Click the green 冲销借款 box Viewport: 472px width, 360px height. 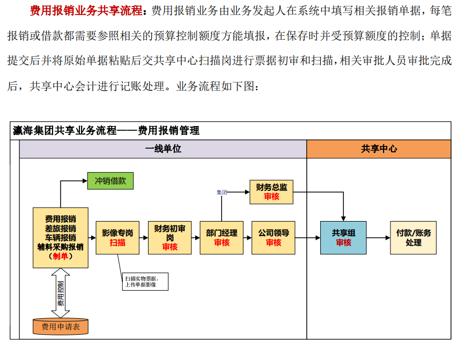pyautogui.click(x=110, y=181)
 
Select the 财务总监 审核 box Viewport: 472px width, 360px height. pyautogui.click(x=271, y=192)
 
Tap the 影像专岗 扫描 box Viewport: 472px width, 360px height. pyautogui.click(x=117, y=238)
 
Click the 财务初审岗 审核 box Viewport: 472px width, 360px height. pyautogui.click(x=169, y=238)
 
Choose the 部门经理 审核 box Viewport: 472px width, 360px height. pyautogui.click(x=222, y=238)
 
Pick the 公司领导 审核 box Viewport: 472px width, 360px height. pyautogui.click(x=273, y=238)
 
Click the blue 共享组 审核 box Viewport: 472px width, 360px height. pyautogui.click(x=343, y=238)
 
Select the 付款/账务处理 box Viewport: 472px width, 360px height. pyautogui.click(x=413, y=238)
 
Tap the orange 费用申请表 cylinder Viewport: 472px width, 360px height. pyautogui.click(x=60, y=326)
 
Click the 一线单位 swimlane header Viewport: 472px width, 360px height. pyautogui.click(x=163, y=149)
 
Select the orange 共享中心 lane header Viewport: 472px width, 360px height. pyautogui.click(x=379, y=149)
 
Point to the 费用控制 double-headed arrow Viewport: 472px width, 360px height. pyautogui.click(x=61, y=292)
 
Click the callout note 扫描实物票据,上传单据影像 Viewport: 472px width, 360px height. pyautogui.click(x=145, y=282)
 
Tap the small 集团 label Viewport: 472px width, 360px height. pyautogui.click(x=222, y=192)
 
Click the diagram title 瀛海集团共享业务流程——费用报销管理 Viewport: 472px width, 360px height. pyautogui.click(x=106, y=130)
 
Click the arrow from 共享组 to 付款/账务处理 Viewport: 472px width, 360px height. pyautogui.click(x=378, y=238)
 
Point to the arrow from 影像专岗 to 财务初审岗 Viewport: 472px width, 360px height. pyautogui.click(x=143, y=238)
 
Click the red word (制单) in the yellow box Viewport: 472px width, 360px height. pyautogui.click(x=60, y=256)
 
